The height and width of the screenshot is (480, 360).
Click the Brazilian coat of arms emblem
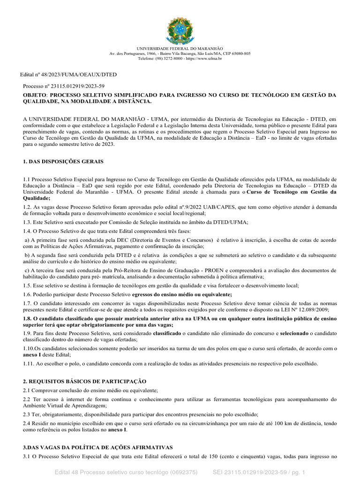180,30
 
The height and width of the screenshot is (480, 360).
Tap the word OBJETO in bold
35,95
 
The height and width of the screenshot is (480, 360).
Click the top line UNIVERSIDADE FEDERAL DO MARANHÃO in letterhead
180,49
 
